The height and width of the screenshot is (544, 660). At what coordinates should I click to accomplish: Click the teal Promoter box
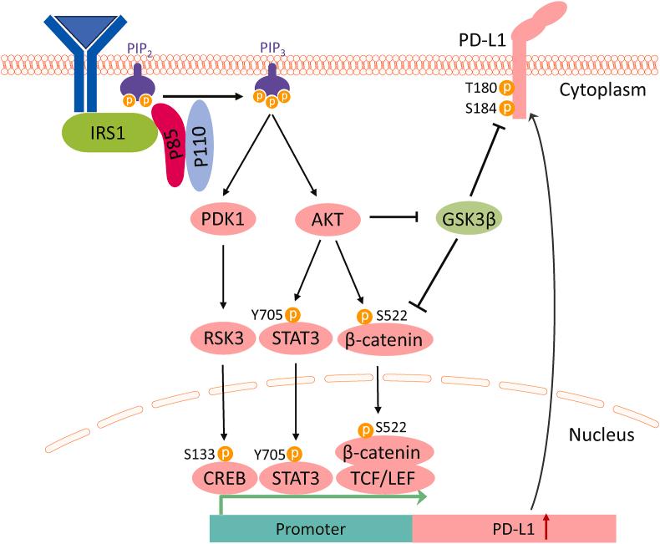(x=310, y=529)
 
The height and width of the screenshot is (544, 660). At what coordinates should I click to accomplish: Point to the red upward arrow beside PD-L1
(x=546, y=528)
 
